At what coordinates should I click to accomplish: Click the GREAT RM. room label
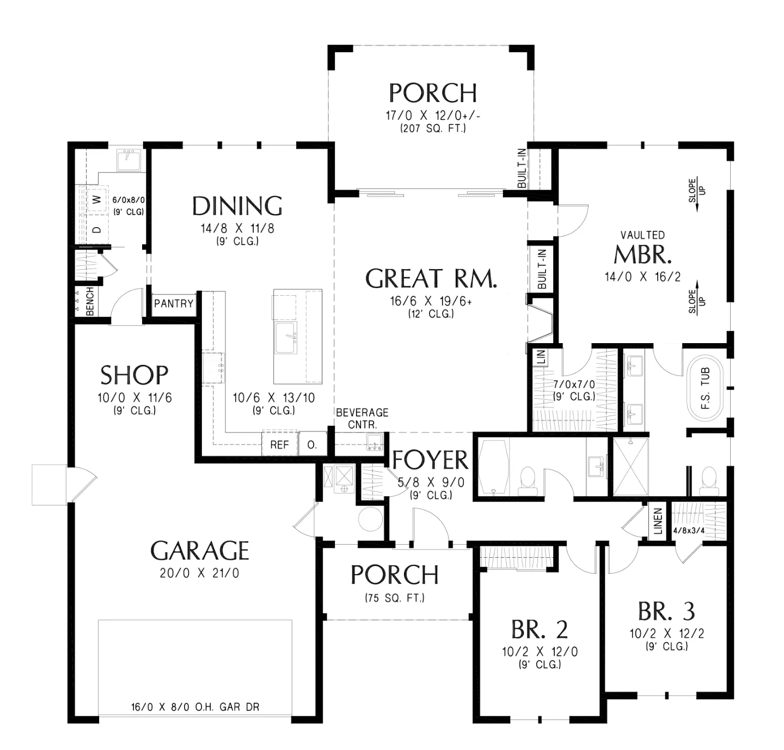coord(431,278)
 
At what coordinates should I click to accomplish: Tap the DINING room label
coord(237,206)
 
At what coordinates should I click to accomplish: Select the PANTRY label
coord(174,303)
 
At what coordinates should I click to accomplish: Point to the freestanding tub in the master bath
coord(705,388)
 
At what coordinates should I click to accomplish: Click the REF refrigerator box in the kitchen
coord(280,444)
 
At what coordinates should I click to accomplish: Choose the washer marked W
coord(97,199)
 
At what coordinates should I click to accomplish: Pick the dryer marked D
coord(97,230)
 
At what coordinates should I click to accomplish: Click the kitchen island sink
coord(286,338)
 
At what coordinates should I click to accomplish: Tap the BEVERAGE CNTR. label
coord(362,418)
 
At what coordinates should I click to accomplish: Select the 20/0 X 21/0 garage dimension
coord(199,572)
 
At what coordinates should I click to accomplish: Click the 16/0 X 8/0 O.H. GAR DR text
coord(195,707)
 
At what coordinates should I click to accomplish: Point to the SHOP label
coord(134,375)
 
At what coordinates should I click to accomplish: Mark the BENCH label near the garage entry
coord(90,301)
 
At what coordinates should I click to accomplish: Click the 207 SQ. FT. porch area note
coord(433,129)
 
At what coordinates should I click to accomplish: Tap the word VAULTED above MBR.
coord(642,235)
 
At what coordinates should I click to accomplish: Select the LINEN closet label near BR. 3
coord(658,521)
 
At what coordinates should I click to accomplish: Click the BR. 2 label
coord(540,630)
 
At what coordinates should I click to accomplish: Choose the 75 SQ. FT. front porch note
coord(395,598)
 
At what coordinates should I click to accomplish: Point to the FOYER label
coord(430,460)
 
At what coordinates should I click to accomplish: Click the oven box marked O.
coord(312,444)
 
